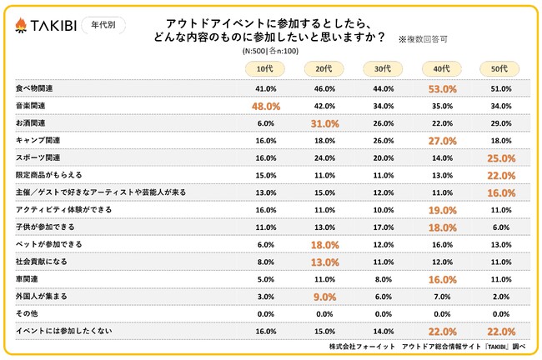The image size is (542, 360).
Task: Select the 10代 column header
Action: click(x=264, y=68)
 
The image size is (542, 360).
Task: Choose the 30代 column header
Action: click(x=380, y=68)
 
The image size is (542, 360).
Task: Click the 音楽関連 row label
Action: click(x=33, y=106)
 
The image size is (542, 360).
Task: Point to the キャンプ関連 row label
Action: click(x=38, y=140)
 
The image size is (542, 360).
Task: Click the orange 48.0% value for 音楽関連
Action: click(x=264, y=106)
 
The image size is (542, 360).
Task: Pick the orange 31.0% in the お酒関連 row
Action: click(x=323, y=123)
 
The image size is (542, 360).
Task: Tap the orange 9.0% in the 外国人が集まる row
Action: click(x=323, y=297)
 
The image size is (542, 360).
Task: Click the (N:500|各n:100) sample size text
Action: click(x=270, y=52)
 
